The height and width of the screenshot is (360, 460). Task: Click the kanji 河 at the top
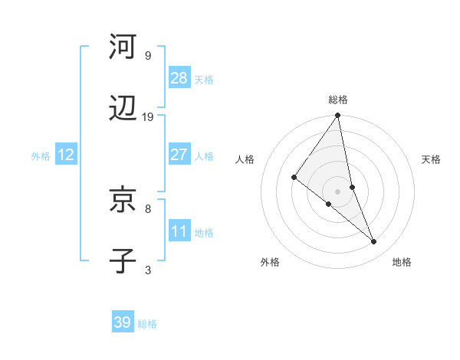coord(123,47)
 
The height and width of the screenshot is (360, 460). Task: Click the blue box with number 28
coord(179,78)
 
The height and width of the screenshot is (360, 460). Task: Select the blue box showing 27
coord(179,155)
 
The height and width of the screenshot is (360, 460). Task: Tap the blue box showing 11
coord(179,231)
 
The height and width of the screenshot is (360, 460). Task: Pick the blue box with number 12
coord(66,155)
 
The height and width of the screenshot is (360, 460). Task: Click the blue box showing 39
coord(123,322)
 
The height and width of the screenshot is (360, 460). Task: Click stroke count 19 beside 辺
coord(148,116)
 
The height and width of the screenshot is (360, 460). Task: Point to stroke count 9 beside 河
coord(147,55)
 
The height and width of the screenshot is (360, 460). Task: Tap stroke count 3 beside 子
coord(147,270)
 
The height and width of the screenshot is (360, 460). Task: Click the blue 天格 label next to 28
coord(204,79)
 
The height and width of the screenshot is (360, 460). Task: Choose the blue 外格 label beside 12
coord(41,155)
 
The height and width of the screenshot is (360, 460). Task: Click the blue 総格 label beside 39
coord(147,323)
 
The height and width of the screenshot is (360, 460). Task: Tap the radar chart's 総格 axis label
coord(338,100)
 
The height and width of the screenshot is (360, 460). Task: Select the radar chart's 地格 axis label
coord(402,262)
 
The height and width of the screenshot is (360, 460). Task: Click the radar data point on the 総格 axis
coord(338,116)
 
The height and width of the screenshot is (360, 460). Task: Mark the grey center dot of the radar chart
coord(338,191)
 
